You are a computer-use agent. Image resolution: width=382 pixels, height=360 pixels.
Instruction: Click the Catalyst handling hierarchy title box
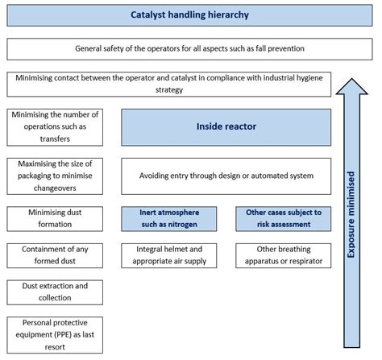(191, 15)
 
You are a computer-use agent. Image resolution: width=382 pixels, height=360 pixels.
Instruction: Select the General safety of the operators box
(191, 49)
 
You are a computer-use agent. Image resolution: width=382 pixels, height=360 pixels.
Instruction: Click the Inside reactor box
(225, 127)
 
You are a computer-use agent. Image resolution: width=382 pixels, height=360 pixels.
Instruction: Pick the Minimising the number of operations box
(52, 127)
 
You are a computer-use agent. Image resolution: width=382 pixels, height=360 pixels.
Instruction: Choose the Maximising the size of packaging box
(52, 174)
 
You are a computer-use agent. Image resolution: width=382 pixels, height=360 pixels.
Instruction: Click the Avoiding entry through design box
(225, 174)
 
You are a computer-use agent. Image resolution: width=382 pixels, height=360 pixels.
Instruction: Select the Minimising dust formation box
(52, 217)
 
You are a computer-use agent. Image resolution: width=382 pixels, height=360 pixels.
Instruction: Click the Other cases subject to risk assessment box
(283, 217)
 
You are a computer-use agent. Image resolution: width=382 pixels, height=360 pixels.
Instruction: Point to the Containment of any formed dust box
(52, 255)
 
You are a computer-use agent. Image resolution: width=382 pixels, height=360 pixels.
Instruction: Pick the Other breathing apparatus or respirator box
(283, 255)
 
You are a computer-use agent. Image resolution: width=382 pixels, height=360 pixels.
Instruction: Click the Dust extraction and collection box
(52, 292)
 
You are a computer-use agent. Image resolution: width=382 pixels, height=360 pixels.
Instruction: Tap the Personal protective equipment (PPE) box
(52, 333)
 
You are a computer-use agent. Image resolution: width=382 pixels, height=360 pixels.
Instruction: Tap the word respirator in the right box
(302, 261)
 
